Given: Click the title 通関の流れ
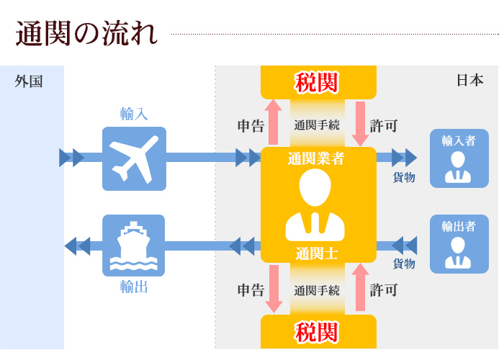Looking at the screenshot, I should [86, 34].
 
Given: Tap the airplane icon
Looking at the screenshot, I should [134, 158].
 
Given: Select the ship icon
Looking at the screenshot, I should [134, 246].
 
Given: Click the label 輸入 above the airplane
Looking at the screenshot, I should [134, 114].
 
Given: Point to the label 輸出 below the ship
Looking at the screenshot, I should [134, 287].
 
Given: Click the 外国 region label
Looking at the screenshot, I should [29, 81].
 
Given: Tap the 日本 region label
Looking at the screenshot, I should [469, 81].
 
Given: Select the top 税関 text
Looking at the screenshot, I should [318, 82].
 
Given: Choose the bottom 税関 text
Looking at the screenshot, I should [318, 332].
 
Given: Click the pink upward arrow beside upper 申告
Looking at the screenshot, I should [274, 122].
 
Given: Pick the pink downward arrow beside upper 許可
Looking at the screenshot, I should [361, 123].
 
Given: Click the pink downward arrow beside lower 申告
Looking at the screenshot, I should [274, 289].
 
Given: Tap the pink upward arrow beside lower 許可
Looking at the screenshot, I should [361, 287].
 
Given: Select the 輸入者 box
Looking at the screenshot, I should [459, 158].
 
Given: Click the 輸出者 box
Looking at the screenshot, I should [459, 244].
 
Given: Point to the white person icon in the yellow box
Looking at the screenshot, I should [315, 205].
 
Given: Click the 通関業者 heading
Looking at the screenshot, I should [315, 158].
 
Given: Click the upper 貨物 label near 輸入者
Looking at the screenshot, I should [403, 178].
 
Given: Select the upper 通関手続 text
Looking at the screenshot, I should [317, 125].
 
